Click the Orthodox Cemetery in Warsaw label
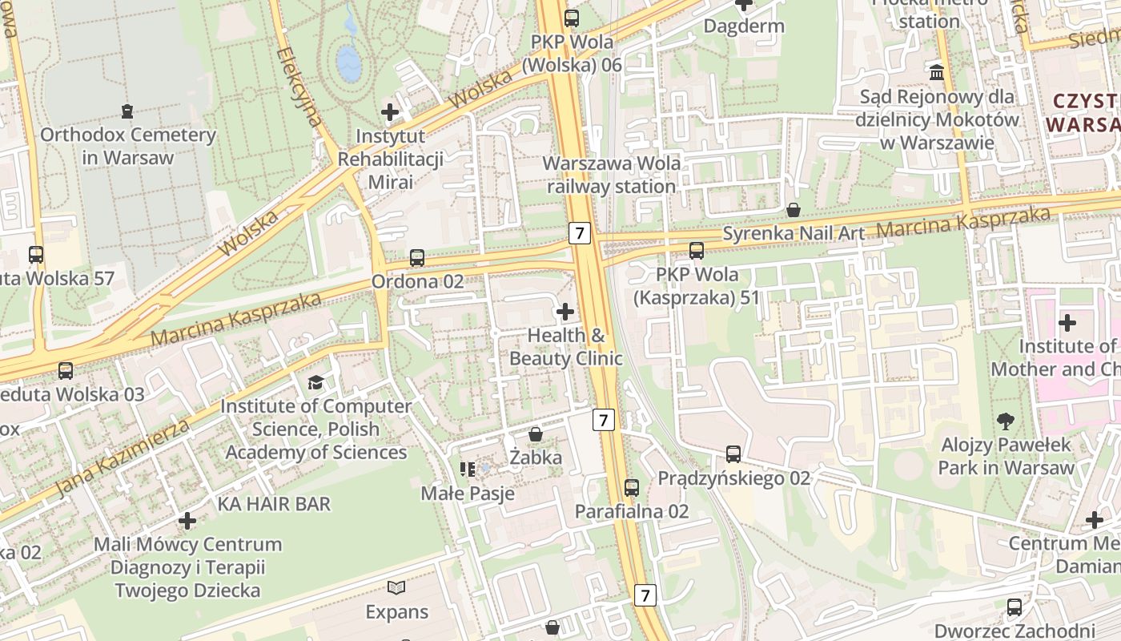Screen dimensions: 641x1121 pos(128,146)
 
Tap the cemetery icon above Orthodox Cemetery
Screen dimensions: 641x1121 pos(127,111)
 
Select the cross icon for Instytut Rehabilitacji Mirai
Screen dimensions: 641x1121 pos(390,112)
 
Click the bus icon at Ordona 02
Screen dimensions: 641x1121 pos(417,258)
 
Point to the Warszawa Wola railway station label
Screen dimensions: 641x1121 pos(612,175)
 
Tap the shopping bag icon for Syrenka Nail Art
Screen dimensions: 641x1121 pos(793,210)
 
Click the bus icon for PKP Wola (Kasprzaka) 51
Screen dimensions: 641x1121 pos(697,251)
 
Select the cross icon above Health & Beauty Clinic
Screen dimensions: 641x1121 pos(565,311)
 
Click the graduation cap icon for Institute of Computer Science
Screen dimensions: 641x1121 pos(315,382)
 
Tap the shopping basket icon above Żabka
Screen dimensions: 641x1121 pos(536,434)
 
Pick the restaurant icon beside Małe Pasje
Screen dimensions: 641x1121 pos(468,469)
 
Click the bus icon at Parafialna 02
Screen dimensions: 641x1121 pos(632,487)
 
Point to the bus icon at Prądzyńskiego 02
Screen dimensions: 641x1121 pos(733,454)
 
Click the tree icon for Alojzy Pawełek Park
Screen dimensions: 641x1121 pos(1006,421)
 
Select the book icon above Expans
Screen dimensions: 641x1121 pos(396,588)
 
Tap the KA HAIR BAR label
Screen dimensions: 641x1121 pos(274,504)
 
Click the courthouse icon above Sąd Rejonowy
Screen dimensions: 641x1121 pos(936,73)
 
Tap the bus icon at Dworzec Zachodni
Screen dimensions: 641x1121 pos(1015,607)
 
